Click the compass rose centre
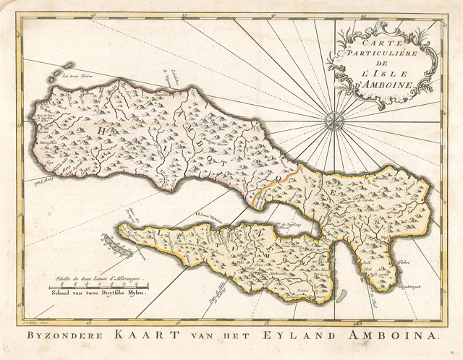(334, 119)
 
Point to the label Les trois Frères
(78, 74)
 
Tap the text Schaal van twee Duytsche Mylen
(95, 293)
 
